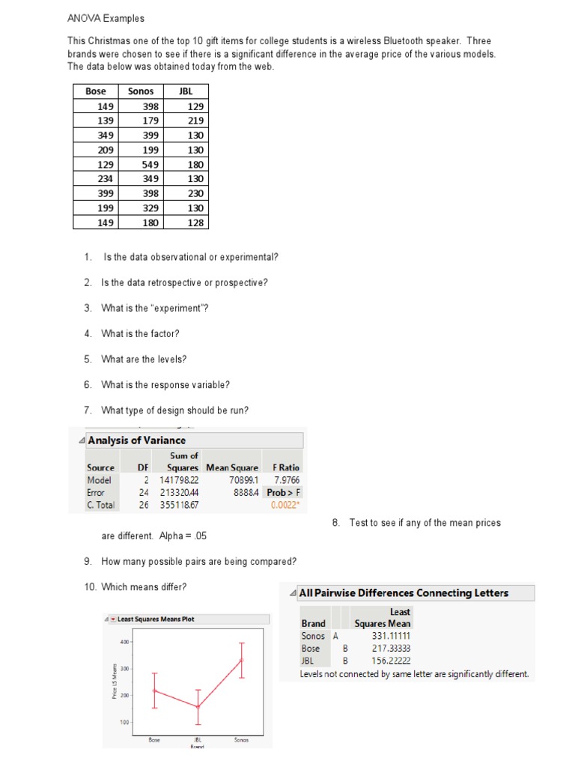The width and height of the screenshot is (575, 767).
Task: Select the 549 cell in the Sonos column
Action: pos(149,164)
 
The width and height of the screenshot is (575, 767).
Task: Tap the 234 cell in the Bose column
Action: pos(105,178)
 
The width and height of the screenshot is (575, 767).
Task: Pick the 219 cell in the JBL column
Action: pos(196,121)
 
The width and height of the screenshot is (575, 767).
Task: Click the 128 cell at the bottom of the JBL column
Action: pos(196,222)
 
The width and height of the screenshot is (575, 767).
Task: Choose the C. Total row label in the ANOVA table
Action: pos(101,506)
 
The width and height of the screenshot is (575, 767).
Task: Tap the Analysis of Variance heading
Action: pos(136,440)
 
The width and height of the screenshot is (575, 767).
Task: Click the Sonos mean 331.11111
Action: pos(391,636)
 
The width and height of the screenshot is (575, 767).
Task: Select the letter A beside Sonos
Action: pos(335,636)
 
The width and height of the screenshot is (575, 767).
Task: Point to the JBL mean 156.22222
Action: pos(391,661)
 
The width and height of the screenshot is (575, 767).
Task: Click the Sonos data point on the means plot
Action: pos(241,660)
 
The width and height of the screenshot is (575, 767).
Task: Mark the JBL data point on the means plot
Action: pos(198,706)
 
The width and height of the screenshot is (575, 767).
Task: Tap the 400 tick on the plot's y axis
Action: pos(124,643)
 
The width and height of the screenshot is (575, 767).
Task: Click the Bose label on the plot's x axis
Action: pos(154,740)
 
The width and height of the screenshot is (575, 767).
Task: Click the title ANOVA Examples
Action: pos(106,18)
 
